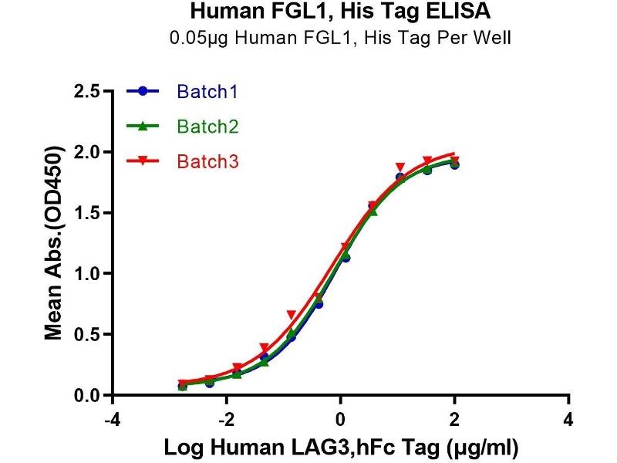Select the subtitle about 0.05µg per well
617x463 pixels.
[x=339, y=37]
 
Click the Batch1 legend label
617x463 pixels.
[x=207, y=92]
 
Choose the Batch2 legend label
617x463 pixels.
[x=207, y=126]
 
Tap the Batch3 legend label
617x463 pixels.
[x=207, y=161]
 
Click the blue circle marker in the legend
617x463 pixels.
[x=143, y=92]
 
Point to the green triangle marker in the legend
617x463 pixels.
[x=143, y=126]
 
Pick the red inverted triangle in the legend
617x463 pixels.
[x=143, y=161]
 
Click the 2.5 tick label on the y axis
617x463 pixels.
[x=86, y=92]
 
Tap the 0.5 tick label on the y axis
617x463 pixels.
[x=86, y=335]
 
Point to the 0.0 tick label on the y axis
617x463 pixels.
[x=86, y=396]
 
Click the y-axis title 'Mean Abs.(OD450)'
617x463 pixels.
[x=54, y=243]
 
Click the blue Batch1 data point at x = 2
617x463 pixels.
[x=454, y=164]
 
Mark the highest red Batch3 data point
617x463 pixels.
[x=428, y=161]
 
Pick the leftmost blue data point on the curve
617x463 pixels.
[x=183, y=385]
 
